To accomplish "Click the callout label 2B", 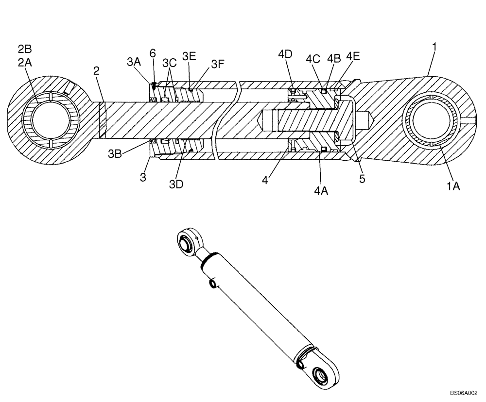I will point(25,49).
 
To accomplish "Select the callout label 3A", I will point(134,62).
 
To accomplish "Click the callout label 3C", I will point(170,62).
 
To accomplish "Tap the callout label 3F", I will point(218,64).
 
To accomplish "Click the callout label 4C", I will point(313,59).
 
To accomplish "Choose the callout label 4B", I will point(333,58).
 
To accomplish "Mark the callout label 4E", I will point(353,56).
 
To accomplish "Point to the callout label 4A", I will point(321,191).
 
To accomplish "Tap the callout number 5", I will point(362,179).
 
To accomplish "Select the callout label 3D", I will point(176,184).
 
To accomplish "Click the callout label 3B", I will point(115,154).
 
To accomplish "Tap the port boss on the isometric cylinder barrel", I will point(213,283).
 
